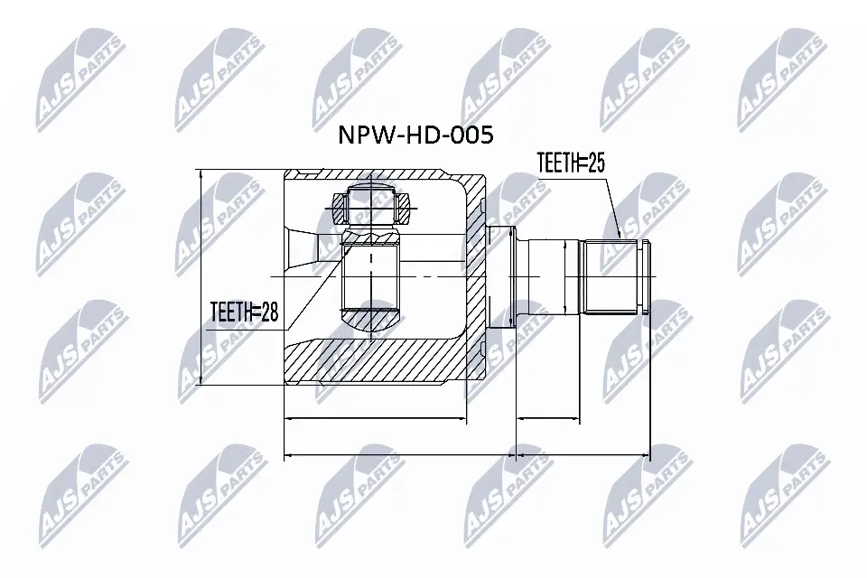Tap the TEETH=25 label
(x=569, y=163)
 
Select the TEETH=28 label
(x=244, y=312)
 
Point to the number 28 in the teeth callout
(x=266, y=312)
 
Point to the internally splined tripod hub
(x=371, y=275)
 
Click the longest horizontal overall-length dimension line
(x=466, y=455)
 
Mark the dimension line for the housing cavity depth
(x=375, y=419)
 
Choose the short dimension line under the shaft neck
(x=547, y=419)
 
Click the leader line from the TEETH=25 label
(x=610, y=203)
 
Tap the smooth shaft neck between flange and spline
(x=553, y=275)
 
